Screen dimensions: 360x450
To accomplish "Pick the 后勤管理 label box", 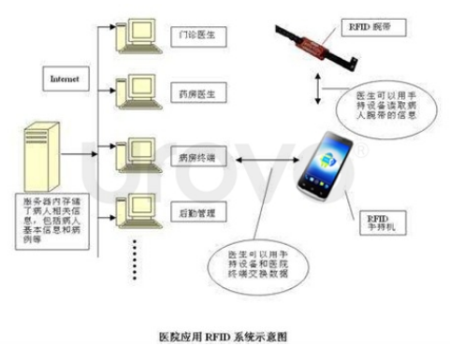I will click(x=196, y=214).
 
